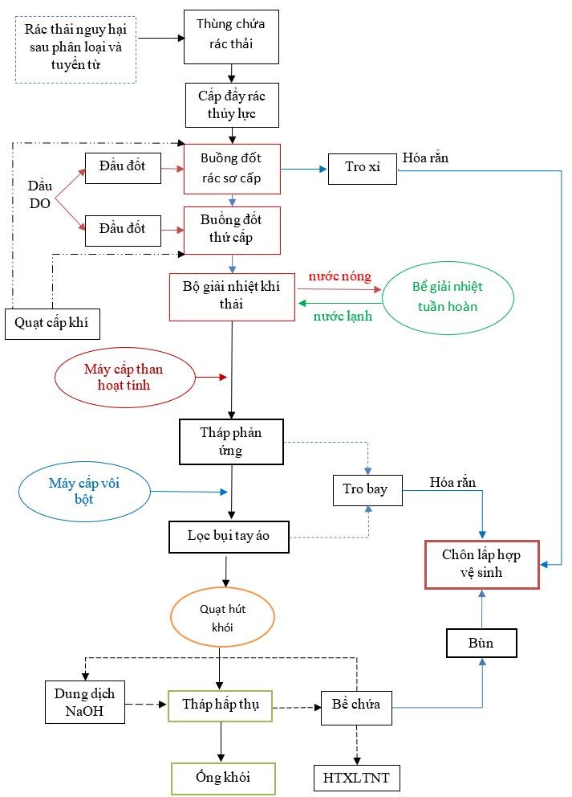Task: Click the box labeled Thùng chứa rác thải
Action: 231,36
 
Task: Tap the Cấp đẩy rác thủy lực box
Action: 231,105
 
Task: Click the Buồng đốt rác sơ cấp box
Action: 231,169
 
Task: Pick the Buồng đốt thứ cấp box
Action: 231,230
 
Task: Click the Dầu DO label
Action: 40,194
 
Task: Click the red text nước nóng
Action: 340,276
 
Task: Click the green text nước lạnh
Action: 343,316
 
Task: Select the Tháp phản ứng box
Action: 231,441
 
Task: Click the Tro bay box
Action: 366,490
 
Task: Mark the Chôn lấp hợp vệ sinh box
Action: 481,565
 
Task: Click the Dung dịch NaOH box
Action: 85,701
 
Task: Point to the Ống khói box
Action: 223,779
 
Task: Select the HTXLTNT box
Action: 355,779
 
